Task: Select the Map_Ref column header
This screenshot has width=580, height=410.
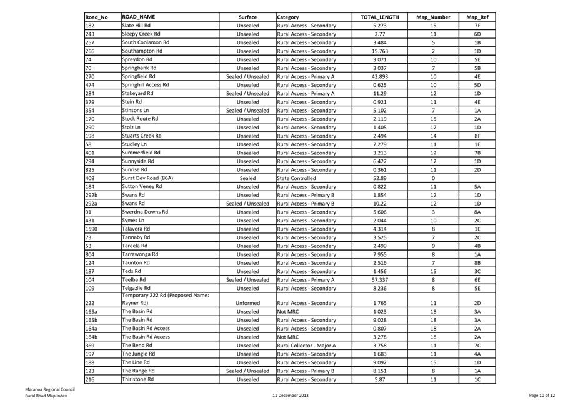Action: pyautogui.click(x=477, y=17)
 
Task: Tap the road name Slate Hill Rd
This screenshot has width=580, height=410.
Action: pyautogui.click(x=136, y=26)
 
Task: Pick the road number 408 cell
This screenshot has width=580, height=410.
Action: pyautogui.click(x=89, y=178)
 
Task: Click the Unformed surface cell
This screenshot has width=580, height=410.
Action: pyautogui.click(x=247, y=303)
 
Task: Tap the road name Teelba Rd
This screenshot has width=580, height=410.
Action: pyautogui.click(x=134, y=280)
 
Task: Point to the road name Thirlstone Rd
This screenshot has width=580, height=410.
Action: pyautogui.click(x=137, y=379)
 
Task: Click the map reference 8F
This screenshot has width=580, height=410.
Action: pyautogui.click(x=477, y=136)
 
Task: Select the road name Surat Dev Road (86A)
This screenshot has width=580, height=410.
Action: pyautogui.click(x=147, y=178)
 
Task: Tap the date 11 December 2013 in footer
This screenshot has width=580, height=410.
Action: pyautogui.click(x=291, y=396)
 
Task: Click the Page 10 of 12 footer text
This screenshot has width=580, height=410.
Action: pyautogui.click(x=541, y=396)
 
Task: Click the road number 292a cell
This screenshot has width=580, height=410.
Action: pyautogui.click(x=91, y=203)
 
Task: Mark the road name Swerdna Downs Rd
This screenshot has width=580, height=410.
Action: pyautogui.click(x=145, y=212)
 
